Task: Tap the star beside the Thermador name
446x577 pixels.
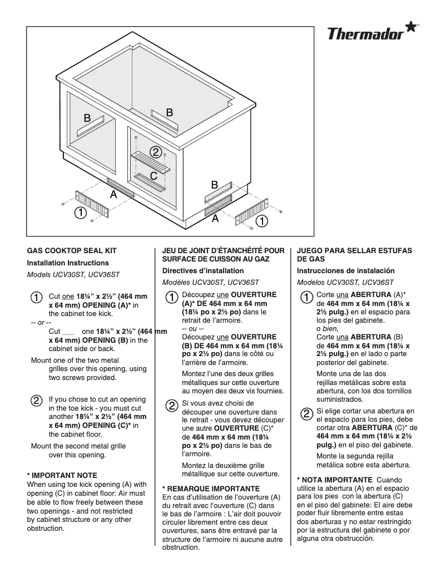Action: click(410, 28)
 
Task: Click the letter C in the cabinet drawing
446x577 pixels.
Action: click(154, 176)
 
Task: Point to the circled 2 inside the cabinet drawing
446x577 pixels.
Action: click(156, 152)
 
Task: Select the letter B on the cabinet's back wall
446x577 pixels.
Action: click(170, 112)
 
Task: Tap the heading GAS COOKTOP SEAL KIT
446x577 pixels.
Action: click(72, 251)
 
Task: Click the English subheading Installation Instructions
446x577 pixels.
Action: click(68, 263)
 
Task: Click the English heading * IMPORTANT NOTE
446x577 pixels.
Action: click(62, 475)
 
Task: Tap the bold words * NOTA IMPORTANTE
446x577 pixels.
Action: click(335, 480)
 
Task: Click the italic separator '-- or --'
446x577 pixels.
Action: click(41, 323)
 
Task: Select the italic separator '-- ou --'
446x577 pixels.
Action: click(192, 328)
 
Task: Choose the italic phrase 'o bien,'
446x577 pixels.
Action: click(328, 328)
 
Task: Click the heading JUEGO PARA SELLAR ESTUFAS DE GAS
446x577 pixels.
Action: click(355, 255)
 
